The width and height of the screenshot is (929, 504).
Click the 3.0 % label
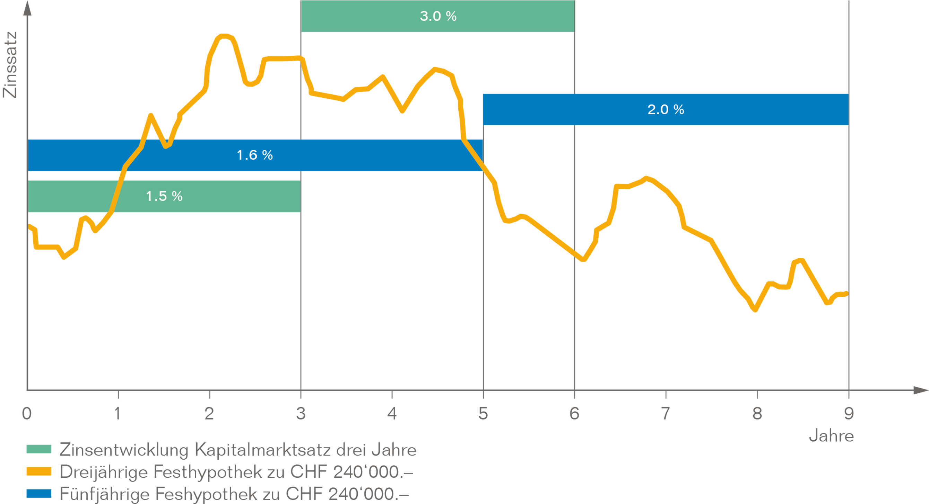(x=438, y=16)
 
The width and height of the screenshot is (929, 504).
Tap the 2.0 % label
(x=665, y=109)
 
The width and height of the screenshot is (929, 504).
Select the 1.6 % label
(x=255, y=155)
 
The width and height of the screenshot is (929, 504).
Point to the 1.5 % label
(x=164, y=196)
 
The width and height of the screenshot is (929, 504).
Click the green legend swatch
(x=42, y=455)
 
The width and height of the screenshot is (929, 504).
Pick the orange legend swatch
(x=42, y=478)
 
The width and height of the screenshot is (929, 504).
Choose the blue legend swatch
(x=42, y=496)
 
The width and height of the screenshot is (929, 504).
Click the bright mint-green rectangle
(x=709, y=47)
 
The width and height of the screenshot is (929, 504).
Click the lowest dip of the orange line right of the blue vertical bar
(x=581, y=251)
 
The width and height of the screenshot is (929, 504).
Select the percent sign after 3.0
(x=451, y=16)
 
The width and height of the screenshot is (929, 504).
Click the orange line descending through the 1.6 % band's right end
(x=472, y=155)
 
